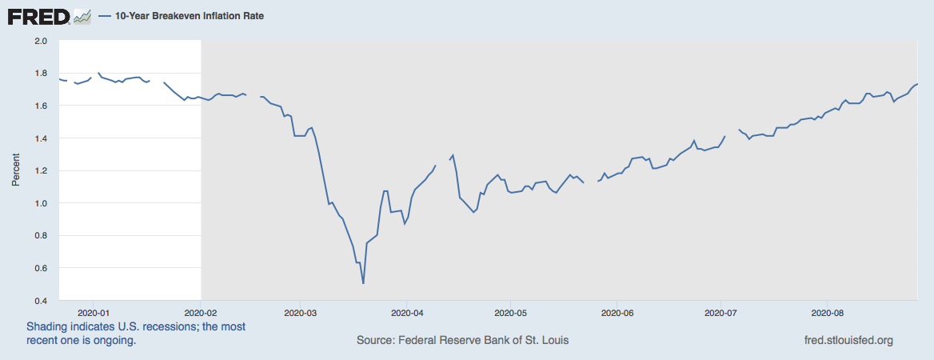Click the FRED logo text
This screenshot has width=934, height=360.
(x=38, y=16)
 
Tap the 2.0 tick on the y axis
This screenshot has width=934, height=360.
(x=42, y=40)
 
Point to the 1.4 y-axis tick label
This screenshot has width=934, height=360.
(x=42, y=138)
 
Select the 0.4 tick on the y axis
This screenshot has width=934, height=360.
(x=42, y=301)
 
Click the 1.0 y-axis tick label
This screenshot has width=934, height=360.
(x=42, y=203)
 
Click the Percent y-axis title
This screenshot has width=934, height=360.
(x=16, y=170)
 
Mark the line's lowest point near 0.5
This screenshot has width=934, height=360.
(x=363, y=282)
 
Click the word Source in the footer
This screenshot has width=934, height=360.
(x=376, y=341)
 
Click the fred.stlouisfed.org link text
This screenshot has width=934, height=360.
(x=848, y=341)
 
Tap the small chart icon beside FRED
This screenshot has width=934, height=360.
(x=82, y=16)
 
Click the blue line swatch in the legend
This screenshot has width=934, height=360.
(x=104, y=16)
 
